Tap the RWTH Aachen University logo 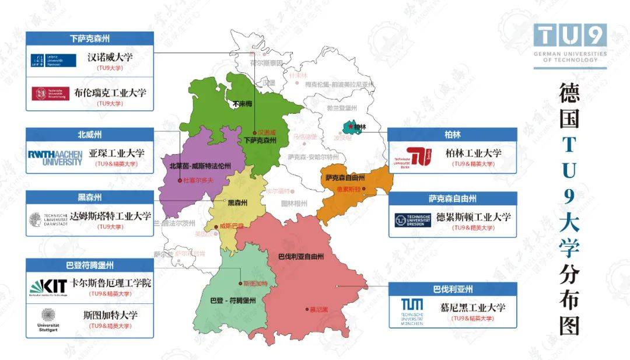pyautogui.click(x=55, y=158)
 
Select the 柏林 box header pyautogui.click(x=452, y=135)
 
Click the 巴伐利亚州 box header pyautogui.click(x=452, y=289)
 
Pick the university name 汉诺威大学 pyautogui.click(x=110, y=58)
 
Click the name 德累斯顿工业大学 pyautogui.click(x=473, y=216)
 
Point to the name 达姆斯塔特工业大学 pyautogui.click(x=110, y=216)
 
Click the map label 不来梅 pyautogui.click(x=242, y=104)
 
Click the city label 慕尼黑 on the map pyautogui.click(x=318, y=309)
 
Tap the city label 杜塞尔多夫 pyautogui.click(x=198, y=181)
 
